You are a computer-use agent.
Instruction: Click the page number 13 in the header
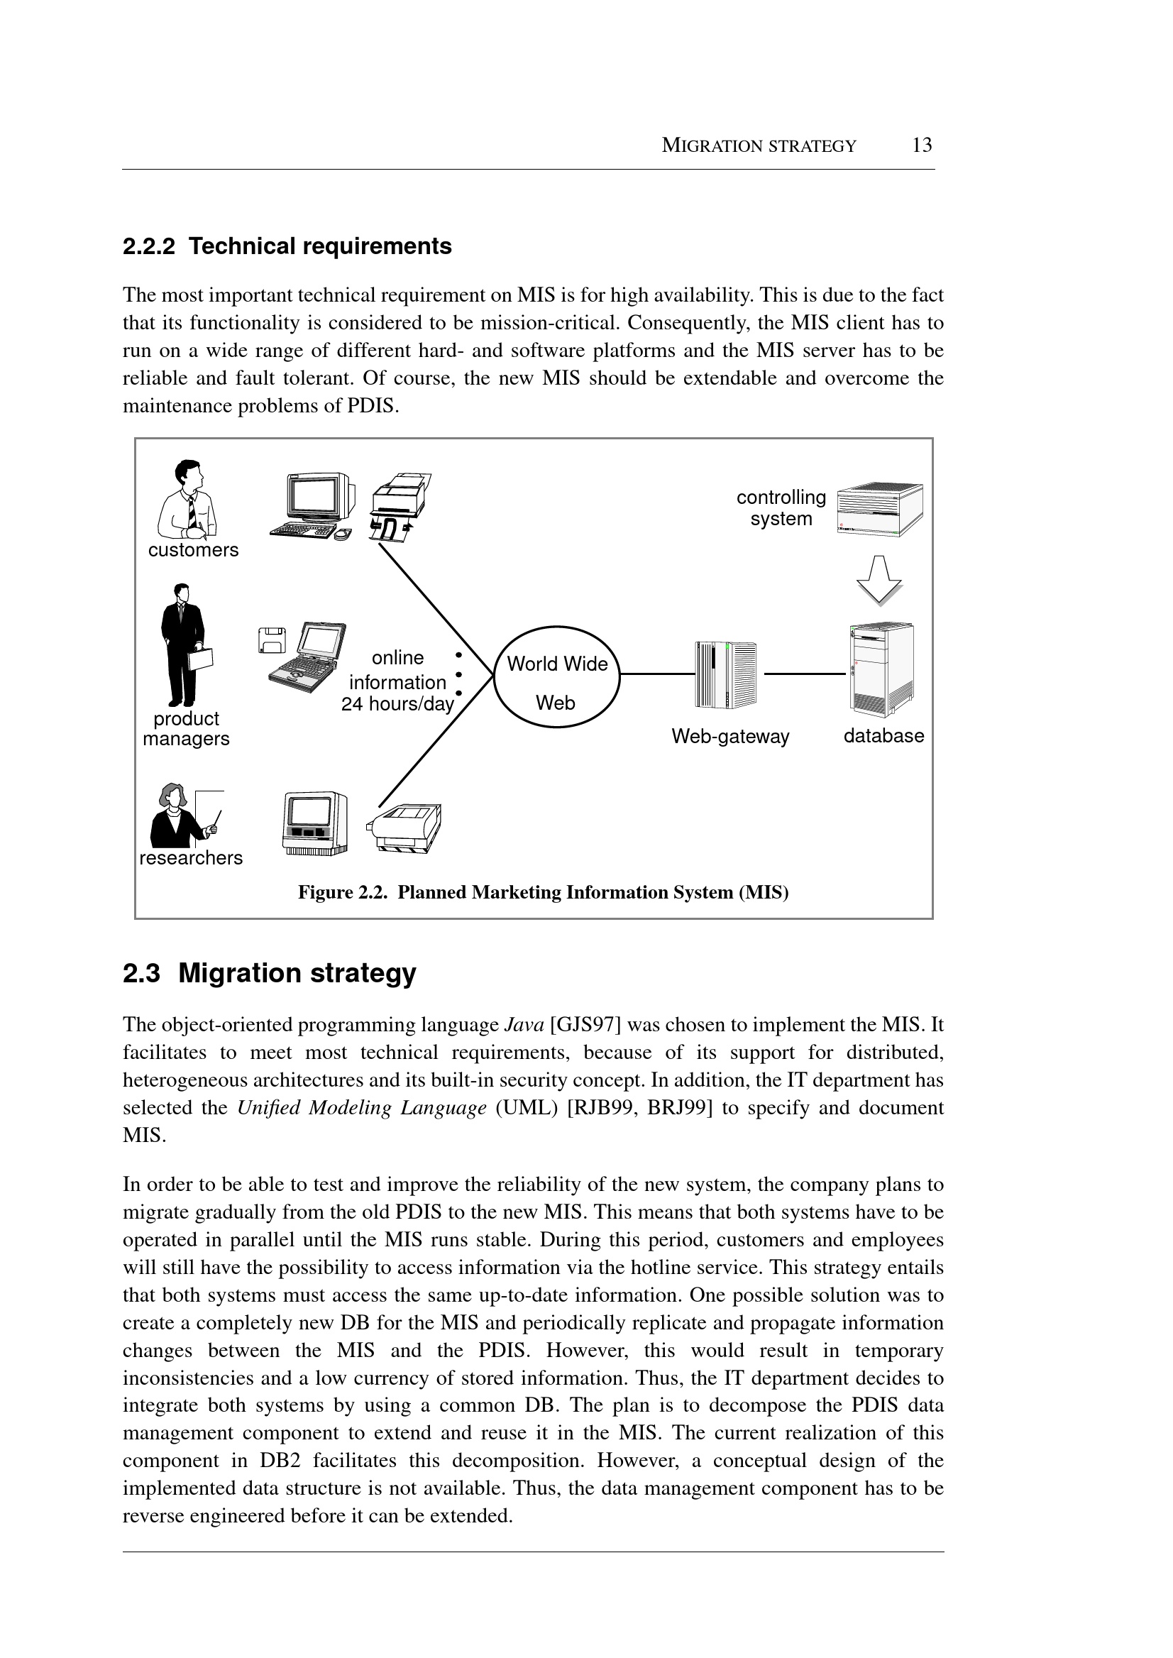(922, 146)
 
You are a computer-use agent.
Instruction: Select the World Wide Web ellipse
(557, 676)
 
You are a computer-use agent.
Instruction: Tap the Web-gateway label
(730, 736)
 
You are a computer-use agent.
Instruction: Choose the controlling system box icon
(879, 509)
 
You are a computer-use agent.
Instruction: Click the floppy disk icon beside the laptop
(272, 640)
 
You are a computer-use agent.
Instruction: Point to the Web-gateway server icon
(725, 675)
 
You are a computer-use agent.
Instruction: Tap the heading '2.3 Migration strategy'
(270, 973)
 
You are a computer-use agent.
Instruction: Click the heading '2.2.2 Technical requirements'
(287, 246)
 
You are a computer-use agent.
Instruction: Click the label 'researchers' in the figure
(191, 858)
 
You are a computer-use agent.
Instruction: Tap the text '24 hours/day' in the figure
(397, 703)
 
